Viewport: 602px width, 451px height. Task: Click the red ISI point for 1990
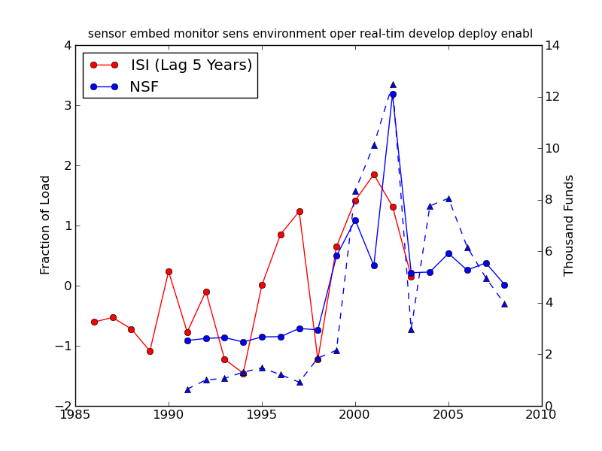click(169, 271)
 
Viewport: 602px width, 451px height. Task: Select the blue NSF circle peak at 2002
click(393, 94)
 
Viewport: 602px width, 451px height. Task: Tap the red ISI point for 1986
click(94, 322)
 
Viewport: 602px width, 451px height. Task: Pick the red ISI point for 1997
click(299, 211)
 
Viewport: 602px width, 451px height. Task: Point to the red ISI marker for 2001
click(374, 174)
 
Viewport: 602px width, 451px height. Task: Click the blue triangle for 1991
click(187, 389)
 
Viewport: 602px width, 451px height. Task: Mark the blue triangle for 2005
click(448, 198)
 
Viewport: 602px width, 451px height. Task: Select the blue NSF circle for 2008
click(504, 285)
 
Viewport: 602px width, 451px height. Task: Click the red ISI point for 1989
click(150, 351)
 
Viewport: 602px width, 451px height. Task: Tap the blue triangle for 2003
click(411, 329)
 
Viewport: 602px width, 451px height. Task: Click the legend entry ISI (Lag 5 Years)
click(191, 65)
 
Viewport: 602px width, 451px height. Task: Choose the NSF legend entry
click(144, 87)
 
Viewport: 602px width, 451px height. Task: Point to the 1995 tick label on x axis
click(262, 416)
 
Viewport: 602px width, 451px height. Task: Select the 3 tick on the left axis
click(67, 105)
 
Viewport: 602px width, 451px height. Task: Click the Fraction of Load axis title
click(46, 225)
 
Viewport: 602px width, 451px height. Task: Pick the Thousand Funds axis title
click(570, 225)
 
